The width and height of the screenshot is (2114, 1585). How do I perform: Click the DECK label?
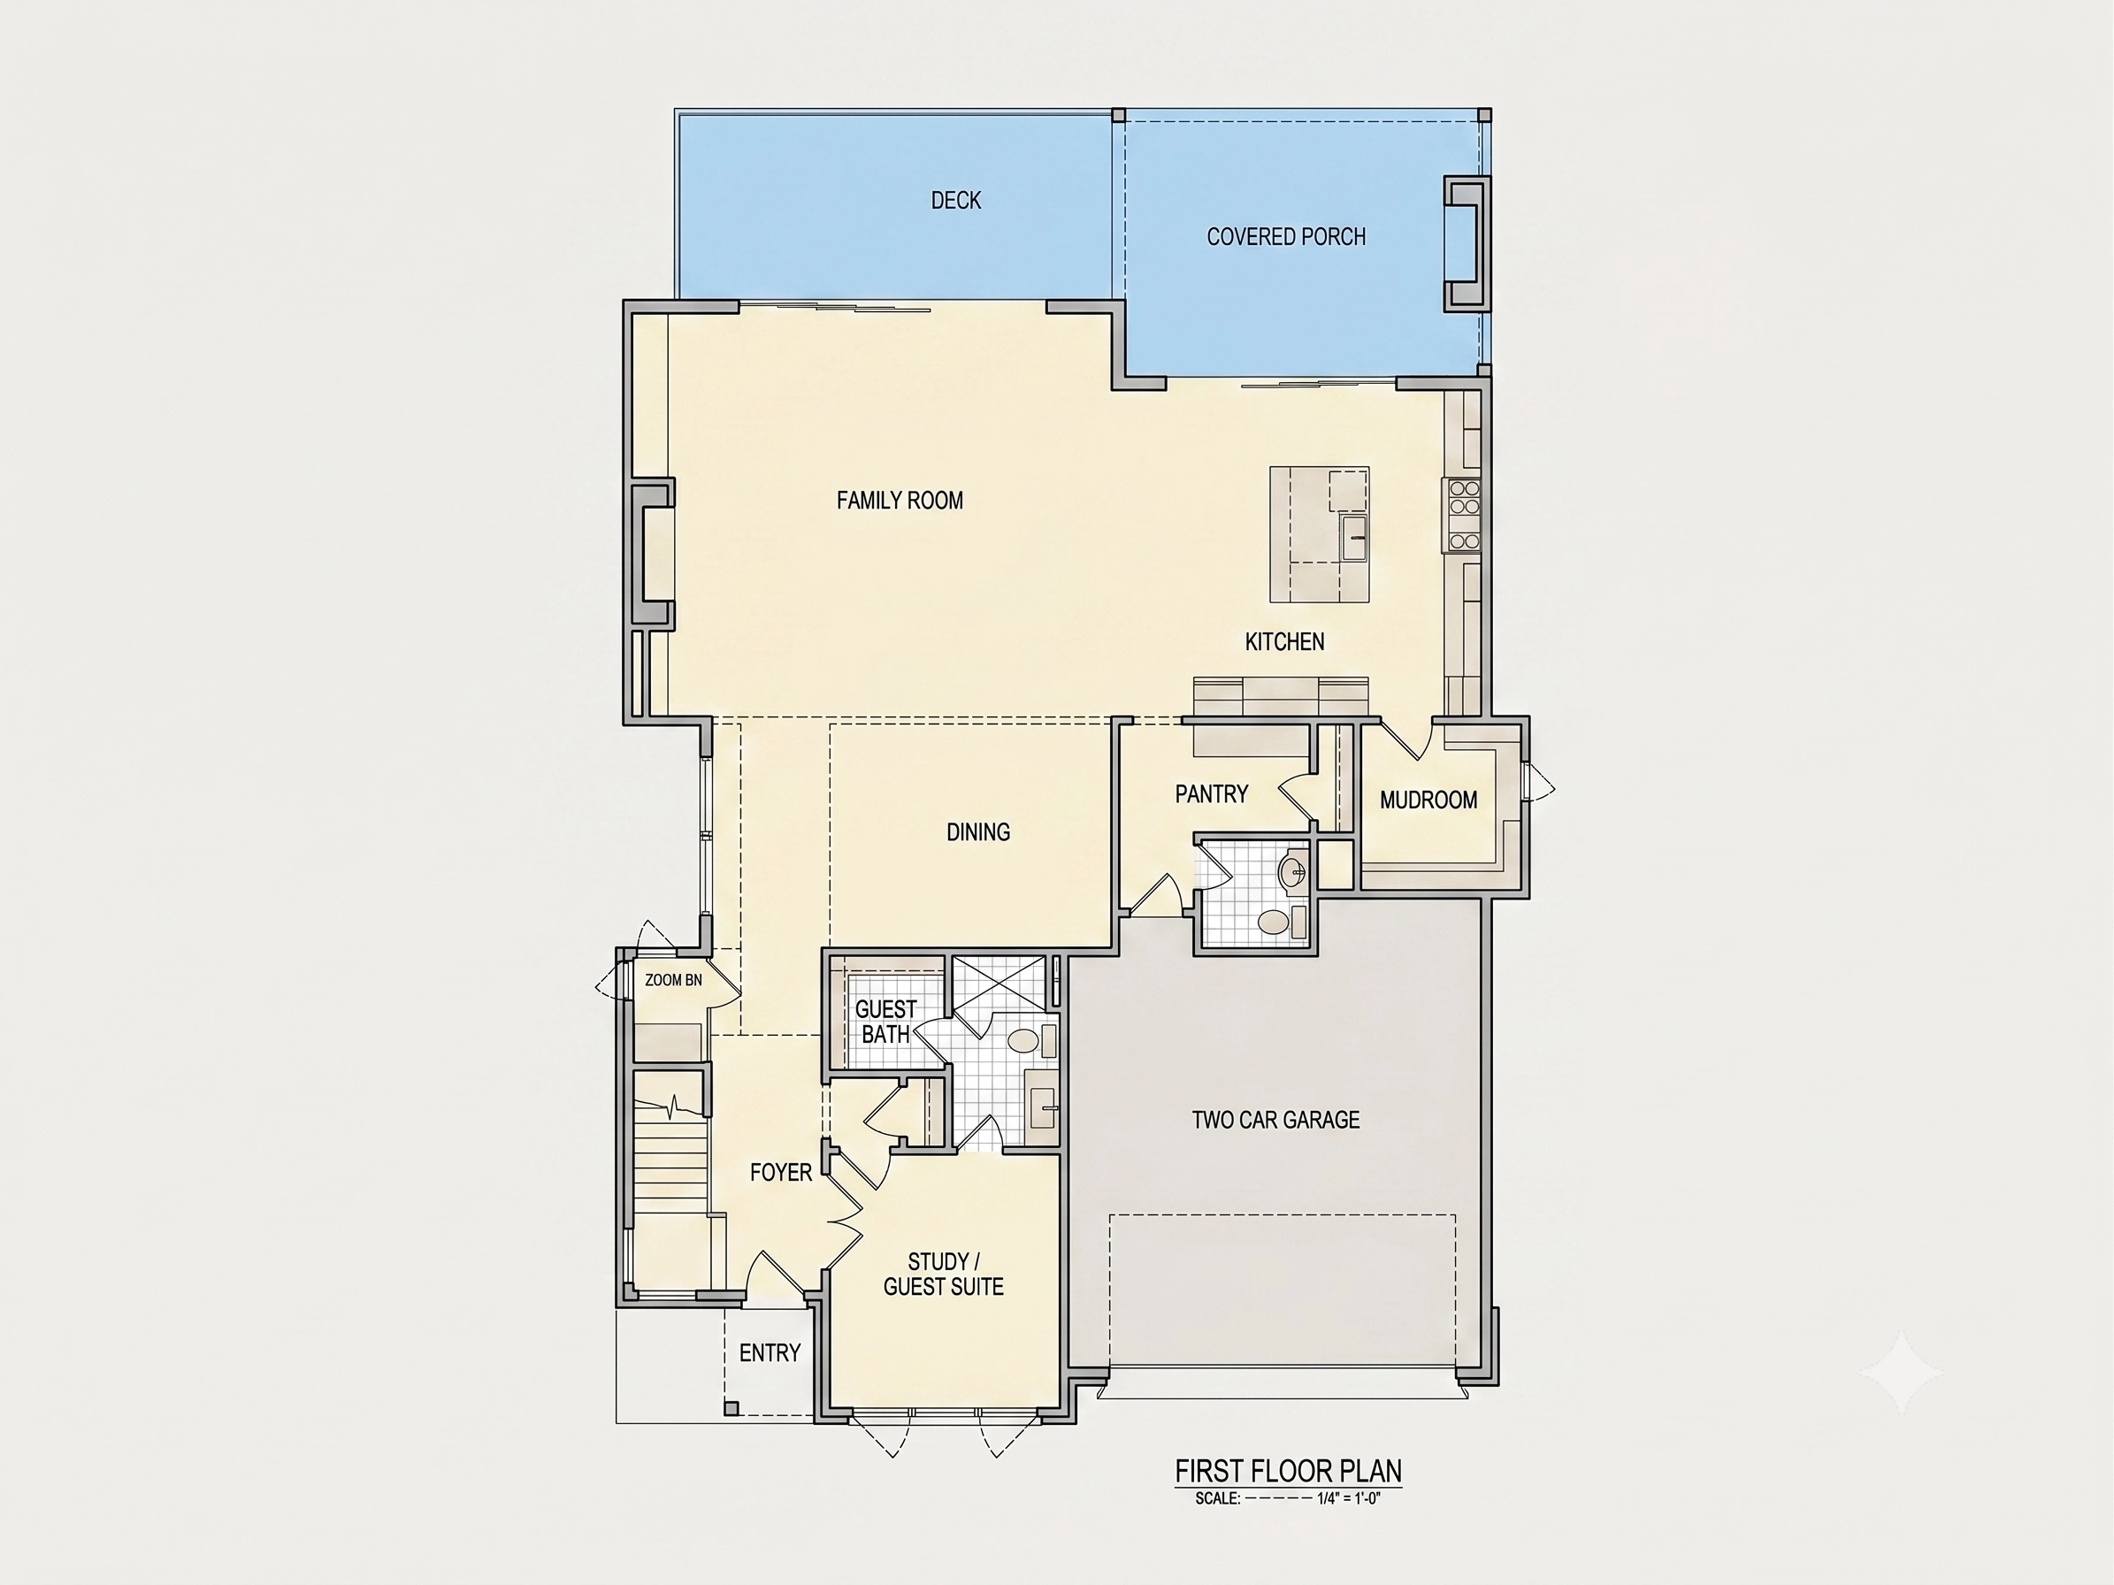click(955, 200)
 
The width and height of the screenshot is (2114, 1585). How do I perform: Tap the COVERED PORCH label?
click(1285, 237)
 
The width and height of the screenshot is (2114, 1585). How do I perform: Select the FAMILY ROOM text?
click(900, 501)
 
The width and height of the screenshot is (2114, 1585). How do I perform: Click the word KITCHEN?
click(1284, 642)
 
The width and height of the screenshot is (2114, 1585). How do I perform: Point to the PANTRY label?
click(1211, 794)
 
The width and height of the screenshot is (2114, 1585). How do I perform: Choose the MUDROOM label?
click(1428, 800)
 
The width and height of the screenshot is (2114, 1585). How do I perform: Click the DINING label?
click(977, 832)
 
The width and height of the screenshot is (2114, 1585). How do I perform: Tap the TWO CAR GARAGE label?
click(1275, 1120)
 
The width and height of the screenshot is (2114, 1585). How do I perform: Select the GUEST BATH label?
click(885, 1022)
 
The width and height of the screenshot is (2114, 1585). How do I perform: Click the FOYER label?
click(781, 1172)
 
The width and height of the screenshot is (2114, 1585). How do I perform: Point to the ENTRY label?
click(770, 1353)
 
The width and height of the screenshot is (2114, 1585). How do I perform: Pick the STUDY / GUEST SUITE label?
click(943, 1275)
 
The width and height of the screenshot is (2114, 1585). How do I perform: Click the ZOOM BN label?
click(673, 980)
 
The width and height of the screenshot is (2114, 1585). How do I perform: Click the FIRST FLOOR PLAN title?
click(1288, 1470)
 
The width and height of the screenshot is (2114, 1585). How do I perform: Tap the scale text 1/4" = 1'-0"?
click(1349, 1498)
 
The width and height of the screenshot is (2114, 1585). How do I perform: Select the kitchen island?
click(1319, 535)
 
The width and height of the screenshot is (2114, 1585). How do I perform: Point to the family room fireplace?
click(653, 554)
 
